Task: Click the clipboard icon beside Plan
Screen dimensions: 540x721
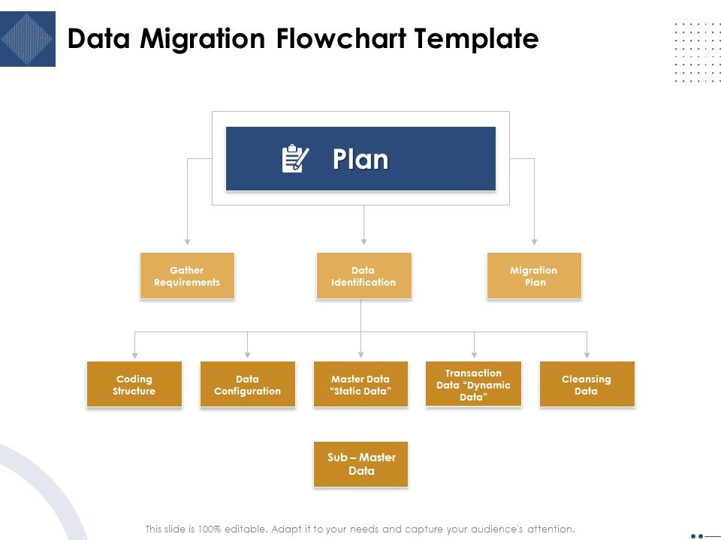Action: point(294,159)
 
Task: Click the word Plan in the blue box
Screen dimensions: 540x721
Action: point(360,159)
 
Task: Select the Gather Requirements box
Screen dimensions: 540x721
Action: point(187,276)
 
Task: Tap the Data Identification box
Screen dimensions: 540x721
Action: point(364,276)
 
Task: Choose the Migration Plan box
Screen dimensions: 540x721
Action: point(534,276)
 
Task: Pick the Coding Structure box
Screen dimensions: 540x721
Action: point(134,385)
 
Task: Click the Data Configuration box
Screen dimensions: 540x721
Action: point(247,385)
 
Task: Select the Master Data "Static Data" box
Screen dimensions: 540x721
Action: point(360,385)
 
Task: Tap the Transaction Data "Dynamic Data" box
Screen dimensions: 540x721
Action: point(473,385)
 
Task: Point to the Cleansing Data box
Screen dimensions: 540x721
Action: point(587,385)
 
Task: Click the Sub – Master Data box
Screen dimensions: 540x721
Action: point(360,464)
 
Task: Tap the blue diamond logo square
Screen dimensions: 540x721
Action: point(28,39)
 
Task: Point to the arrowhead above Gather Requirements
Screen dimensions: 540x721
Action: point(187,241)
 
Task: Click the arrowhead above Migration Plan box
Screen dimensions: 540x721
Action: point(534,241)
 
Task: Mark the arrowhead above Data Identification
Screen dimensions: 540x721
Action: point(364,241)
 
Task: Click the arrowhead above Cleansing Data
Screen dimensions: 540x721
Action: point(587,354)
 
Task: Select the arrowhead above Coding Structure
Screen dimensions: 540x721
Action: point(134,354)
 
